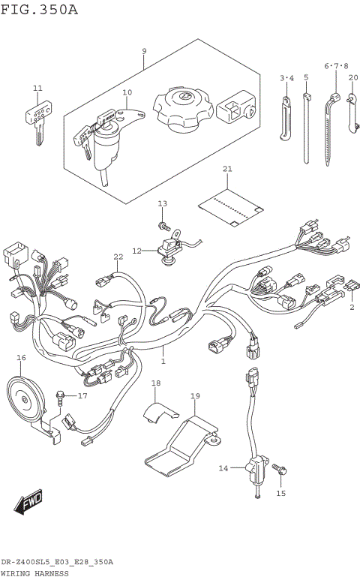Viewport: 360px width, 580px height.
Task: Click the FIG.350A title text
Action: [x=39, y=10]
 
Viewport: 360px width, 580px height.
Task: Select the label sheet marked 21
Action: [x=231, y=206]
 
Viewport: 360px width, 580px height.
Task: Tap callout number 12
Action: [x=136, y=251]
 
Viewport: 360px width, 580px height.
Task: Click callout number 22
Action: [x=118, y=257]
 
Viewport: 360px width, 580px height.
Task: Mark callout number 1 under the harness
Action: [x=163, y=361]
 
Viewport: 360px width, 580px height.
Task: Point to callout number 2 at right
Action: [x=350, y=306]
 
